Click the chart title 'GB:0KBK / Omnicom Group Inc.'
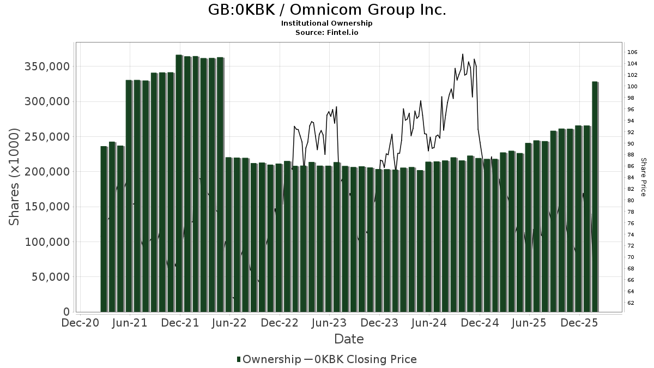pos(327,10)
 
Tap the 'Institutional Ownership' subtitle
pos(327,23)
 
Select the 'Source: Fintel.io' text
pos(327,33)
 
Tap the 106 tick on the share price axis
pos(632,52)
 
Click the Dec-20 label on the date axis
pos(81,323)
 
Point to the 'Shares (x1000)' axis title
pos(14,177)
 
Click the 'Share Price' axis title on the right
pos(643,177)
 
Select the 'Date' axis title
pos(349,339)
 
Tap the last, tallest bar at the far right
pos(595,196)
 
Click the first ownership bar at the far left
pos(104,229)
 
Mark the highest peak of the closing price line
pos(463,54)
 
